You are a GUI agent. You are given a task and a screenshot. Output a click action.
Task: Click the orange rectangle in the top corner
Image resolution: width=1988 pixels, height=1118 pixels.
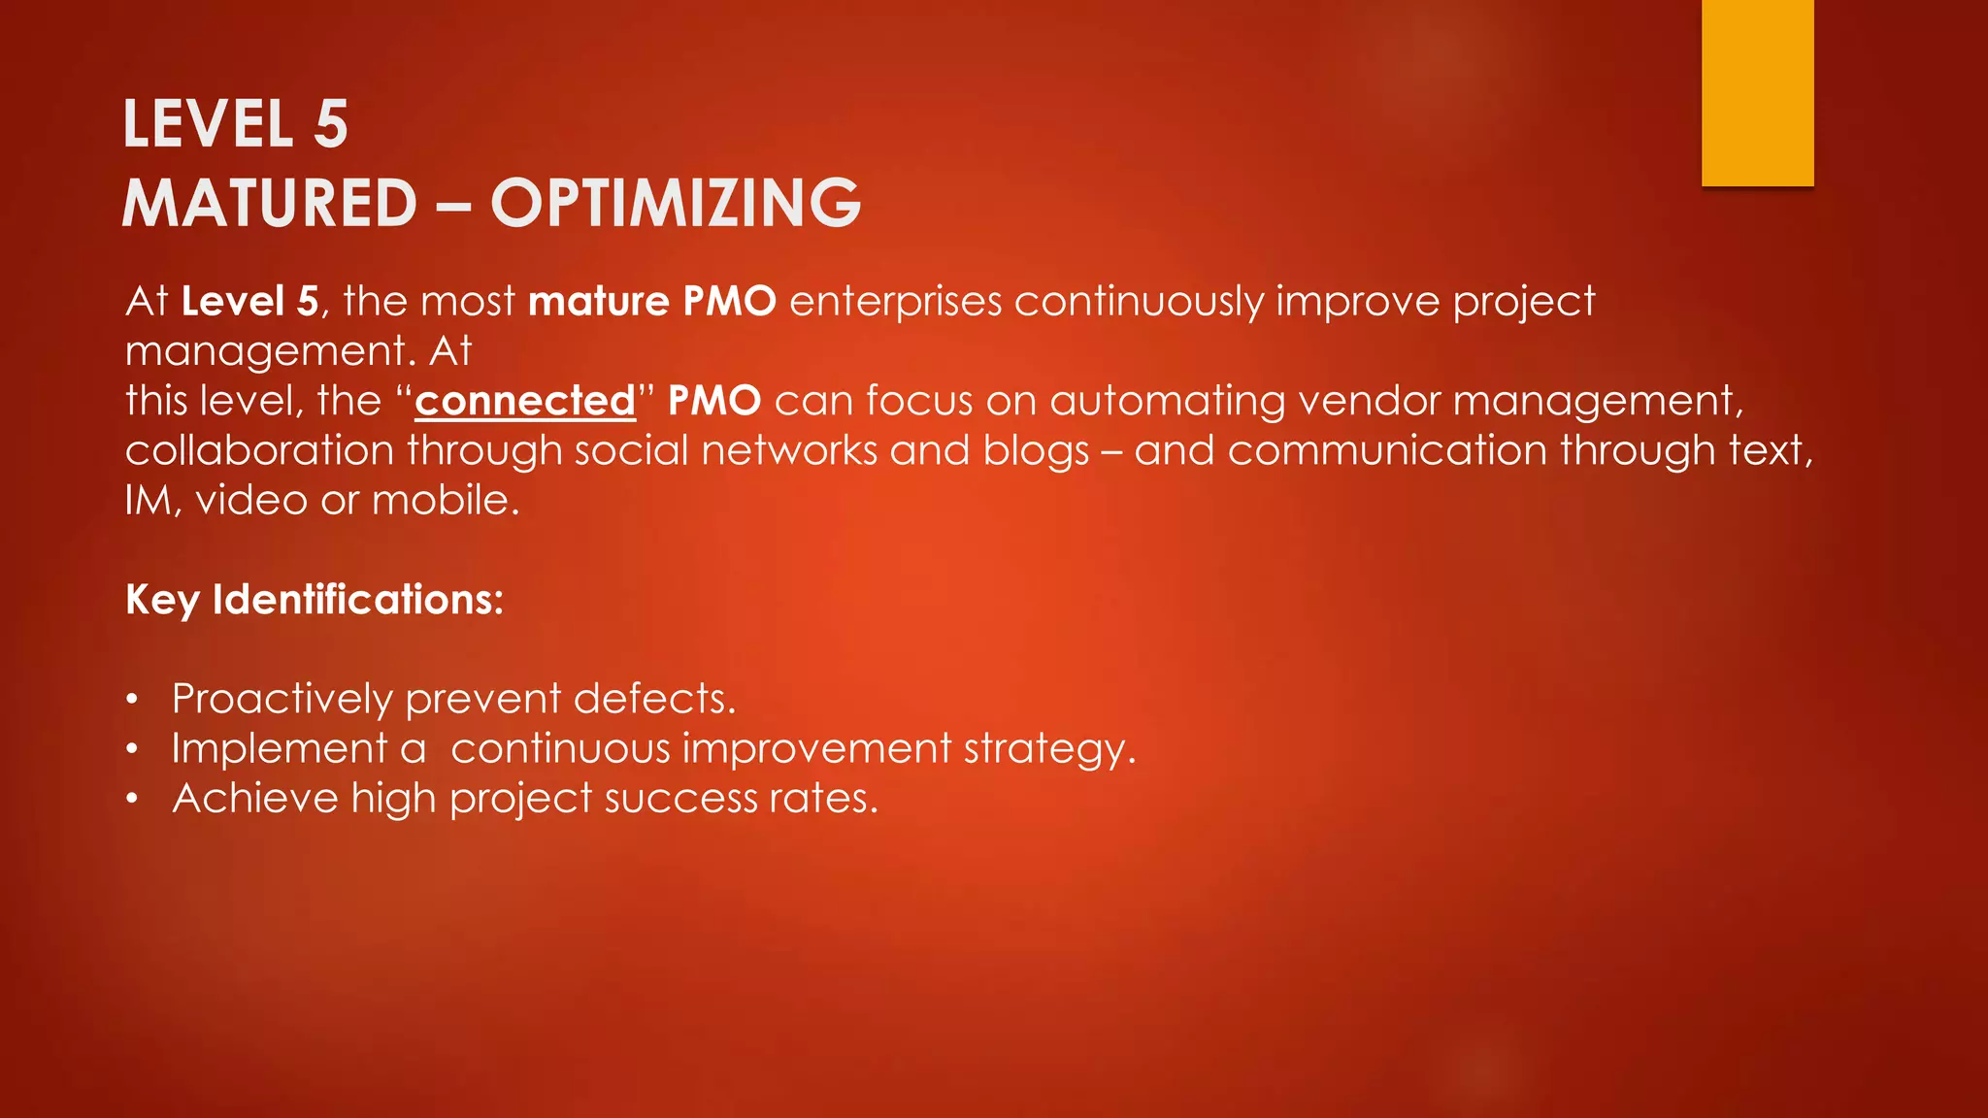(1757, 92)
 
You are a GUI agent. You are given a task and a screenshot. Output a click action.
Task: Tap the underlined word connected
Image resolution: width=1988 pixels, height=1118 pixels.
(525, 401)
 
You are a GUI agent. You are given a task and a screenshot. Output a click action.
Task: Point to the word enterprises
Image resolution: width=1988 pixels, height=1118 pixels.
(895, 301)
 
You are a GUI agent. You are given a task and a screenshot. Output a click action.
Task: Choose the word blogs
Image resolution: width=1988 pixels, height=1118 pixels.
(1036, 450)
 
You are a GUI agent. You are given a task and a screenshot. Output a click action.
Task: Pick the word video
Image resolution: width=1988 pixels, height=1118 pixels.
(251, 500)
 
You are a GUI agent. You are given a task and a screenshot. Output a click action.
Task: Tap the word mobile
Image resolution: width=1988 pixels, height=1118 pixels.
(446, 500)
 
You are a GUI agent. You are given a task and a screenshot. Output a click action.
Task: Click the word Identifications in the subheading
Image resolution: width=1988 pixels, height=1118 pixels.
(357, 600)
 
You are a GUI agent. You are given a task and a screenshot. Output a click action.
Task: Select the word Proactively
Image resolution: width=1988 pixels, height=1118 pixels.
(282, 699)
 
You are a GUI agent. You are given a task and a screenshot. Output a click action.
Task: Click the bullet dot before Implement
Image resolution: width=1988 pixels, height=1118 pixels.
(133, 749)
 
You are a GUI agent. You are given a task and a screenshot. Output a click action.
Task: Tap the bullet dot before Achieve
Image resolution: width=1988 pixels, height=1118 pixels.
(133, 799)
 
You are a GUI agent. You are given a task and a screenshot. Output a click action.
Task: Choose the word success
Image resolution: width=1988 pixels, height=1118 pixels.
(680, 799)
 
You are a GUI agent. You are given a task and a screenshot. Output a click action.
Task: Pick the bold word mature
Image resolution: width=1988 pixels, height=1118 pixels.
(599, 301)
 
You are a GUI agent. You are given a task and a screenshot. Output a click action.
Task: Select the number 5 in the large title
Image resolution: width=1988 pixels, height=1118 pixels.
(331, 124)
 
